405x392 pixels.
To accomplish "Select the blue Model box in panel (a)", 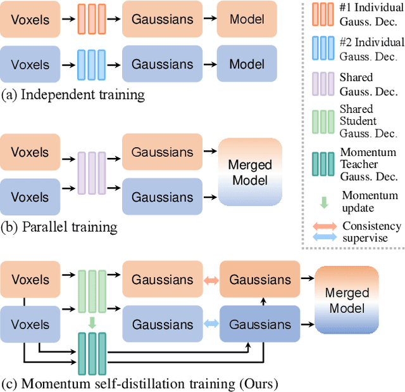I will tap(247, 65).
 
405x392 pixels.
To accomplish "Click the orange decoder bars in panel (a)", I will tap(89, 19).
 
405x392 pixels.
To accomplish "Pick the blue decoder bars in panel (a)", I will tap(89, 65).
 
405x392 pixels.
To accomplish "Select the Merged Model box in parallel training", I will tap(249, 172).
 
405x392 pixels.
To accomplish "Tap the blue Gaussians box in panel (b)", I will tap(163, 197).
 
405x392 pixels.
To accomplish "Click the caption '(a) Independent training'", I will tap(73, 95).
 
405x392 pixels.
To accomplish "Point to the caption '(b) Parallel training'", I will tap(59, 226).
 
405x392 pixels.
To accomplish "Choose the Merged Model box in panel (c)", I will tap(346, 301).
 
